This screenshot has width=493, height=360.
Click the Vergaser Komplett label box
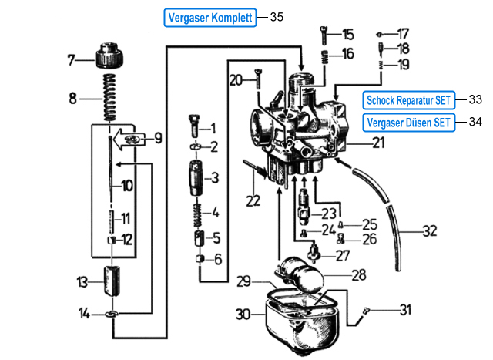click(x=210, y=17)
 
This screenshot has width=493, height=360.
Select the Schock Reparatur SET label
click(x=407, y=100)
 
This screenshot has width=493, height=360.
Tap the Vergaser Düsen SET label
click(x=407, y=122)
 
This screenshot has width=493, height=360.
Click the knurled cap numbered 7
click(x=110, y=58)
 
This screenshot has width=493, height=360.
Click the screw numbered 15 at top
click(x=324, y=35)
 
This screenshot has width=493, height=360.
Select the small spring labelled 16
click(x=324, y=56)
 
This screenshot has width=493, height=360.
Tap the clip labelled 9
click(x=134, y=140)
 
